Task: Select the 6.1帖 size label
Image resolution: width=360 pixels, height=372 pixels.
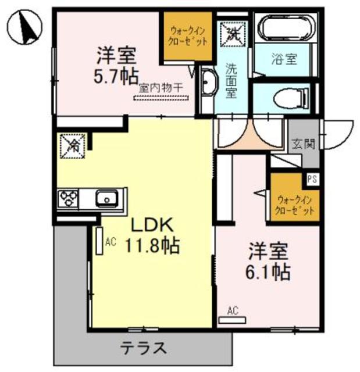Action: (269, 271)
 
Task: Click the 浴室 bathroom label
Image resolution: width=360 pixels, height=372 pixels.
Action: (285, 59)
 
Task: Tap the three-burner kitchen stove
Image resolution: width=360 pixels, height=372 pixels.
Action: (68, 199)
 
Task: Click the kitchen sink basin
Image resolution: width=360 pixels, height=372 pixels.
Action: (108, 199)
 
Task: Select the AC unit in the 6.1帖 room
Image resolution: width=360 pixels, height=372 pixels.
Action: (232, 319)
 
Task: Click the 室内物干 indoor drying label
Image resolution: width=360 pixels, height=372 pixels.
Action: (161, 88)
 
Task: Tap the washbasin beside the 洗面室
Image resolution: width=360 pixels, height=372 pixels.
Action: (206, 85)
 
